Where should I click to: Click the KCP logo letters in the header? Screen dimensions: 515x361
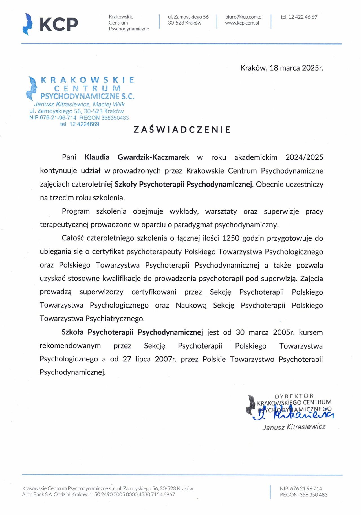coord(59,24)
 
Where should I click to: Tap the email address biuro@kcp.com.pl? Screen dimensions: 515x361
coord(244,17)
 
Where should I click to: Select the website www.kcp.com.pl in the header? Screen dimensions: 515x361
coord(242,23)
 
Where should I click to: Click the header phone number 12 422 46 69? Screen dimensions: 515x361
coord(302,17)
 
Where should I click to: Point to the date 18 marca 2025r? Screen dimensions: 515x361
coord(296,68)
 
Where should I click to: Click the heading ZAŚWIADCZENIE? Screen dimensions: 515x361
coord(182,130)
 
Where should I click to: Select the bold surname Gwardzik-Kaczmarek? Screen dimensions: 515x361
coord(153,157)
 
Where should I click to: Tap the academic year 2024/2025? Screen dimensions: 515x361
coord(304,157)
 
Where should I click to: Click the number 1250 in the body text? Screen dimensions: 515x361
coord(231,238)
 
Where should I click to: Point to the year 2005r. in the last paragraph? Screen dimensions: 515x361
coord(284,332)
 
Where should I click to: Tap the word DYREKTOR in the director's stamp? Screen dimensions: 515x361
coord(294,396)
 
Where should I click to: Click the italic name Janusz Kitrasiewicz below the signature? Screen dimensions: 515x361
coord(294,427)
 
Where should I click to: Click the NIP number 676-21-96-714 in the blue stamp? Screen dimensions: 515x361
coord(58,118)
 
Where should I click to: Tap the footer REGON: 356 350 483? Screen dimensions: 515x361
coord(304,494)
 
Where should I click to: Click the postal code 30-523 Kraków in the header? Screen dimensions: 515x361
coord(184,23)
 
